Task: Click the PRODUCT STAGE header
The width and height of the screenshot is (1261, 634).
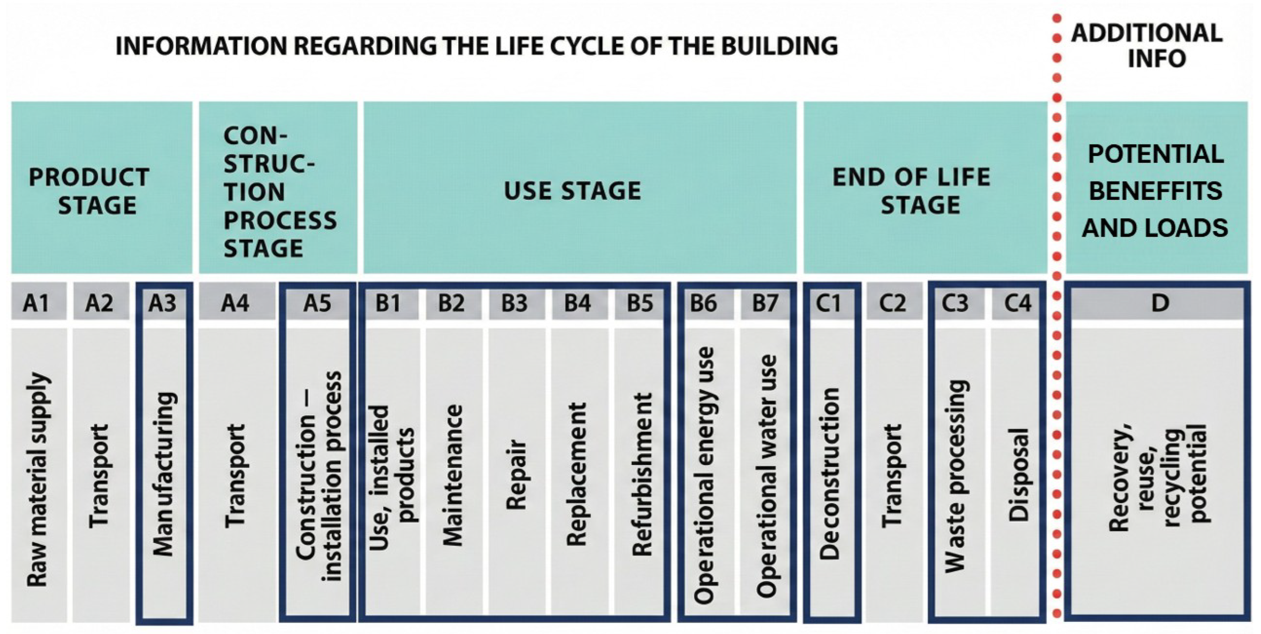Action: (90, 191)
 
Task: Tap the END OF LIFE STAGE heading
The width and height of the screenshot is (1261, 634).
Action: (911, 191)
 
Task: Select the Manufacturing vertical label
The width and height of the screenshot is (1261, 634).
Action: (163, 474)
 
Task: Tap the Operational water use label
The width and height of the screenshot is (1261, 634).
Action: (767, 475)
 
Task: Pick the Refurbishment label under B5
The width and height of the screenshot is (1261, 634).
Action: (642, 474)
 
